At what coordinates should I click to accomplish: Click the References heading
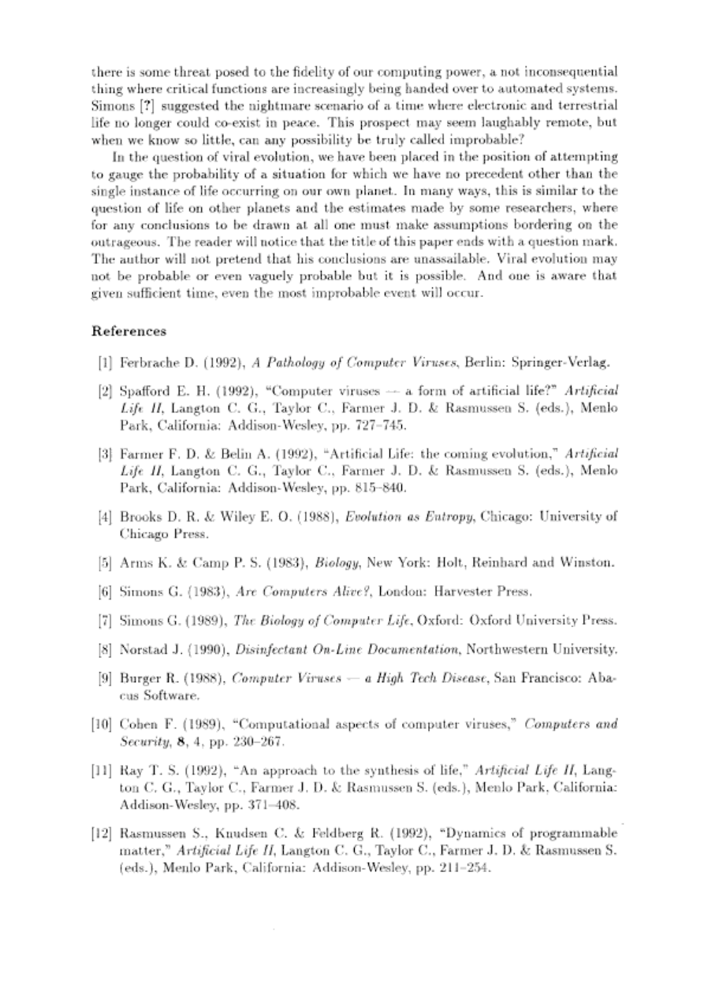pos(129,331)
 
